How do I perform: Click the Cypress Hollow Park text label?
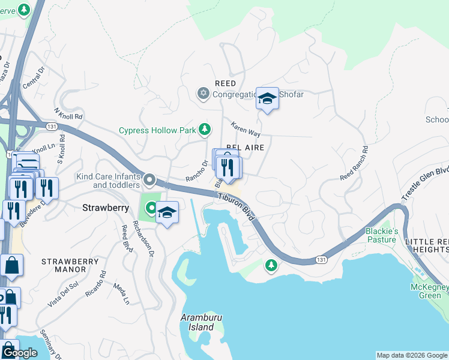(x=158, y=130)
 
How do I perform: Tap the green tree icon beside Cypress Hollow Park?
(x=205, y=129)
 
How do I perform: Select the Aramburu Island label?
(x=197, y=322)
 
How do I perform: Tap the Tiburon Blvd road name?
(x=237, y=207)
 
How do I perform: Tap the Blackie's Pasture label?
(x=382, y=235)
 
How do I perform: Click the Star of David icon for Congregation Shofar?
(x=203, y=94)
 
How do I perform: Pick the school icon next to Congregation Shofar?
(x=267, y=99)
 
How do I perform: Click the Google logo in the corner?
(x=20, y=353)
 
